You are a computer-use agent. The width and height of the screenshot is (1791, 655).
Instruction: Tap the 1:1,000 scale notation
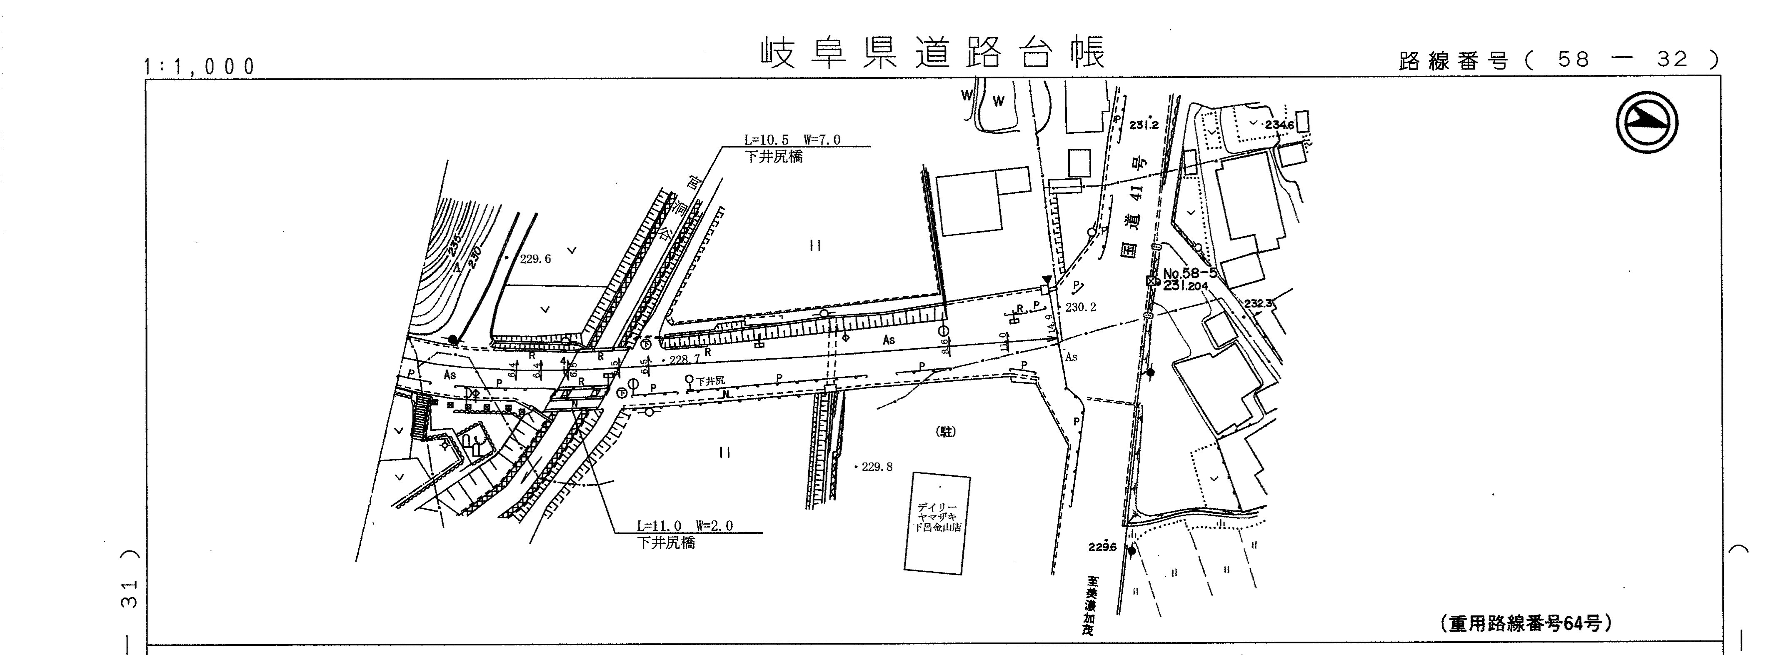[200, 67]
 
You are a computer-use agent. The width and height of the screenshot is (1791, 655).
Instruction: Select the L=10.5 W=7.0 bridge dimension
[792, 140]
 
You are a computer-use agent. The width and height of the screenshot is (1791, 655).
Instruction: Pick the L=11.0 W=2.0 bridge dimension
[684, 526]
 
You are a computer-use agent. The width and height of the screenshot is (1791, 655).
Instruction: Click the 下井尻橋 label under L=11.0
[665, 543]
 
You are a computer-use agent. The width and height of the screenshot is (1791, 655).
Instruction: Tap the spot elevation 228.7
[683, 360]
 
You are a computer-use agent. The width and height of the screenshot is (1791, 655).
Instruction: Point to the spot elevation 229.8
[876, 467]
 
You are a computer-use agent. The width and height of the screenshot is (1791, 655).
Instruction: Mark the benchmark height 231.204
[1185, 286]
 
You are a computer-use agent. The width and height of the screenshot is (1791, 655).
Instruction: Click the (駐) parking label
[946, 432]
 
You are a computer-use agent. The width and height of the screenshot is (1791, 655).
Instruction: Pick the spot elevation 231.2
[1144, 125]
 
